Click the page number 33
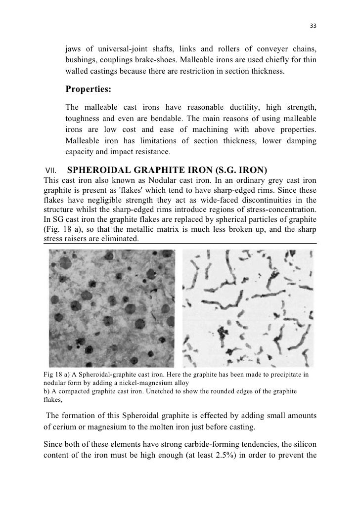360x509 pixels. coord(313,26)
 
